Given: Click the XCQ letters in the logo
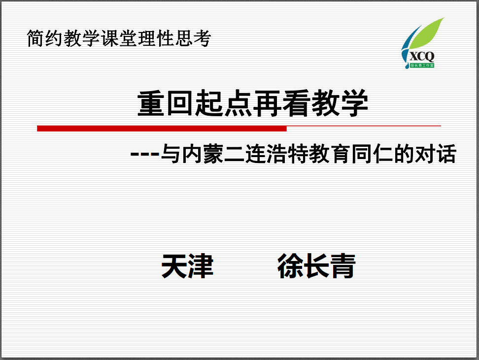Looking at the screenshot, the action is coord(422,57).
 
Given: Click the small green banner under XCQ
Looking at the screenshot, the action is coord(422,65).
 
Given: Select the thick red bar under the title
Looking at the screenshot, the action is coord(162,129).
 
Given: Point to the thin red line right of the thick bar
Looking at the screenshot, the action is coord(364,126).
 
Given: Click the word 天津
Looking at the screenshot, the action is coord(187,266).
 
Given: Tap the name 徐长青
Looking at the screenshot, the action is coord(316,266).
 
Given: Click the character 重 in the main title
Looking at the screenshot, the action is coord(151,103).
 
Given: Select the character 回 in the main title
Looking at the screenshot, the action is coord(180,103).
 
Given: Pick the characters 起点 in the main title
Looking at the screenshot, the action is coord(223,103).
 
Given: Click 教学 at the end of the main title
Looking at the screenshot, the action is coord(340,103).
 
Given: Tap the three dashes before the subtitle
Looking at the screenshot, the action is coord(145,154).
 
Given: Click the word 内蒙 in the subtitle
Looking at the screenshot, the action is coord(203,154).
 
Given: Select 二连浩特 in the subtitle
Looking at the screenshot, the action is coord(266,154).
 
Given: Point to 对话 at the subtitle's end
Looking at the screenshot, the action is coord(436,154).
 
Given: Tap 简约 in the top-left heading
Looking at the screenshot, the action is coord(45,38).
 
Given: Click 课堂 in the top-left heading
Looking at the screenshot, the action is coord(119,38).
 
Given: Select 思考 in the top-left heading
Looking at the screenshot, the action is coord(193,38).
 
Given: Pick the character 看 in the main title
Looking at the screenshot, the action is coord(296,103).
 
